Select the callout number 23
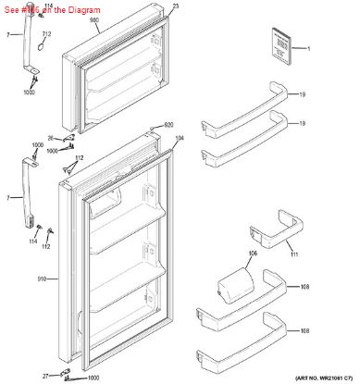[x=176, y=6]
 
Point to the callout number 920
[x=168, y=125]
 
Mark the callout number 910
[x=42, y=279]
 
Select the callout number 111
[x=294, y=254]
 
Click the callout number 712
[x=46, y=34]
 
